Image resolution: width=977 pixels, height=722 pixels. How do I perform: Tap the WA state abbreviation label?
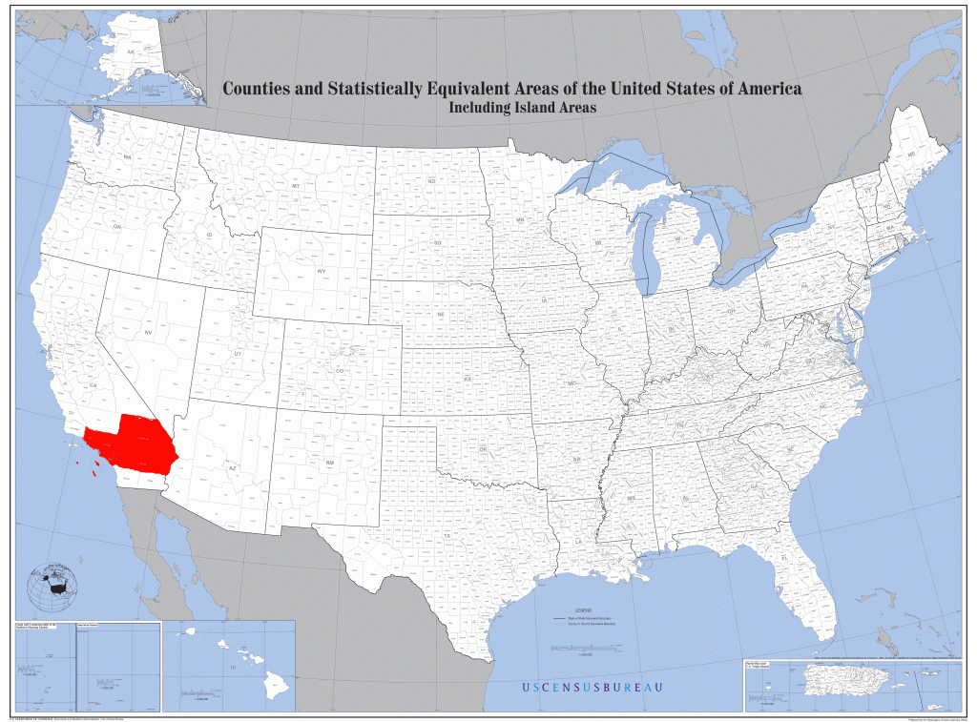(x=126, y=156)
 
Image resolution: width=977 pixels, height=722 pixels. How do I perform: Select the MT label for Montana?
(x=296, y=185)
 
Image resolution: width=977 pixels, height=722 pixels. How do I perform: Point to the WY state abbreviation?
(x=322, y=272)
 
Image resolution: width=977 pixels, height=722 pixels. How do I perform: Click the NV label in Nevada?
(x=149, y=332)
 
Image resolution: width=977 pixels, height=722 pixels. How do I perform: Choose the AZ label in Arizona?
(x=231, y=468)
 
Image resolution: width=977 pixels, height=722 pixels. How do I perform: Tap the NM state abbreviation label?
(x=330, y=463)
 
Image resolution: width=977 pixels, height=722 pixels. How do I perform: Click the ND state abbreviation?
(x=431, y=181)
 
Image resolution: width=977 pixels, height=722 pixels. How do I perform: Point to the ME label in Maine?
(x=911, y=155)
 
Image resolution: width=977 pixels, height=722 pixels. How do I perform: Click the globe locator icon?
(x=52, y=588)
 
